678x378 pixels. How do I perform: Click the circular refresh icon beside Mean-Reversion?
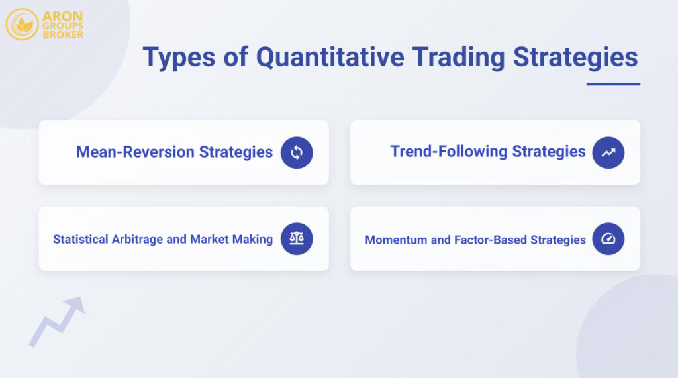click(297, 153)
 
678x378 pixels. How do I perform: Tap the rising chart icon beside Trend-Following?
click(608, 153)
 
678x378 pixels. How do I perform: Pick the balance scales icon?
click(297, 239)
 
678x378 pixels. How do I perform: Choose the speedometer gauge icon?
click(608, 239)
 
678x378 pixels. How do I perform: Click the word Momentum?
click(396, 240)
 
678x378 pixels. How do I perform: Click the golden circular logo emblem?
click(22, 24)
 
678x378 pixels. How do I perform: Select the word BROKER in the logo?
click(63, 34)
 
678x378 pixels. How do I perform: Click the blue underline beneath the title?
click(613, 84)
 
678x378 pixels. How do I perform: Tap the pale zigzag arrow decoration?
click(56, 321)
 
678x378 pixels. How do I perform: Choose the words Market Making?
click(231, 240)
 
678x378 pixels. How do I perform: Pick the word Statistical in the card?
click(79, 240)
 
